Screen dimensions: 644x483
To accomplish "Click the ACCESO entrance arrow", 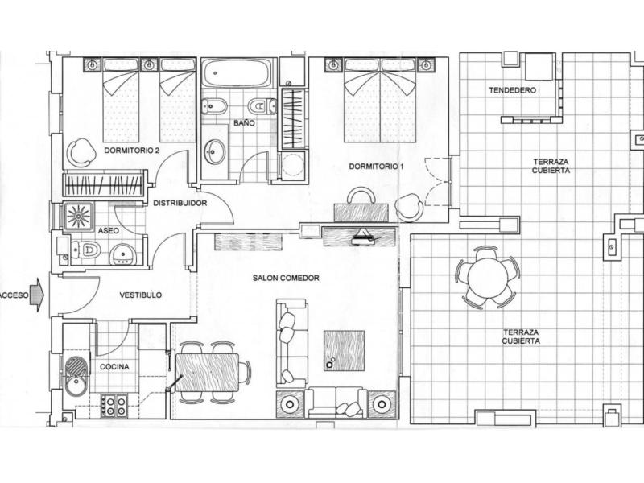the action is pyautogui.click(x=37, y=295).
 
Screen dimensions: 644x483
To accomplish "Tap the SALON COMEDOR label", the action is pyautogui.click(x=286, y=278).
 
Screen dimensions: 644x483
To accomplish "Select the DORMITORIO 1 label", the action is pyautogui.click(x=376, y=167).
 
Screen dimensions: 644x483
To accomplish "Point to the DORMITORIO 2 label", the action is pyautogui.click(x=132, y=151).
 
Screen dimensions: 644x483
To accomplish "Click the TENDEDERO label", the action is pyautogui.click(x=513, y=90).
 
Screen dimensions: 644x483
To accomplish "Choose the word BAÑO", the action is pyautogui.click(x=245, y=122).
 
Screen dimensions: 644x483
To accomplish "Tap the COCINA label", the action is pyautogui.click(x=114, y=367).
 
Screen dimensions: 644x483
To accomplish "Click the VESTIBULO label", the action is pyautogui.click(x=140, y=295).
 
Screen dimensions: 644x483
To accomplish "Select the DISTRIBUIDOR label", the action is pyautogui.click(x=180, y=203).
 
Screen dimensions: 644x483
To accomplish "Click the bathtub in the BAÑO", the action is pyautogui.click(x=237, y=73).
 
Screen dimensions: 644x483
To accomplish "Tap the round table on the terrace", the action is pyautogui.click(x=488, y=277).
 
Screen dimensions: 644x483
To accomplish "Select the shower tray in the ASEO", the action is pyautogui.click(x=78, y=216).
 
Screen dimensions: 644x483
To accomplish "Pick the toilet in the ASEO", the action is pyautogui.click(x=85, y=250).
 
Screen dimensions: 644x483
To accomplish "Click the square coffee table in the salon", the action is pyautogui.click(x=345, y=351).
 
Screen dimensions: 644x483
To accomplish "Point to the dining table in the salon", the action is pyautogui.click(x=208, y=373).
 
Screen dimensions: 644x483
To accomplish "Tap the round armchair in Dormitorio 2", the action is pyautogui.click(x=80, y=152).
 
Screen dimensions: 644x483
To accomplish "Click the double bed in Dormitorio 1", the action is pyautogui.click(x=380, y=100).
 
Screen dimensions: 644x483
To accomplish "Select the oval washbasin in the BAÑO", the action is pyautogui.click(x=215, y=151).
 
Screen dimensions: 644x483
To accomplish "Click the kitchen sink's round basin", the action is pyautogui.click(x=76, y=386).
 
